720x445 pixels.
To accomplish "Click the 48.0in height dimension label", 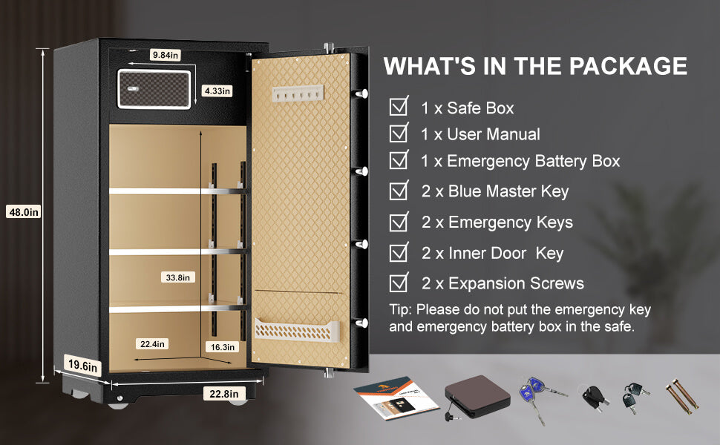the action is pyautogui.click(x=24, y=212).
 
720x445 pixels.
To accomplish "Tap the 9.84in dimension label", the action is pyautogui.click(x=166, y=55).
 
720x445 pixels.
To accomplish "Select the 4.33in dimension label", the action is pyautogui.click(x=217, y=90).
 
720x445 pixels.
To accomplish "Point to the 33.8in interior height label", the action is pyautogui.click(x=177, y=277).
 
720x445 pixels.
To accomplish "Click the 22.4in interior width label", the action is pyautogui.click(x=152, y=343).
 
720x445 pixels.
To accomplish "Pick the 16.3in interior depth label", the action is pyautogui.click(x=222, y=347).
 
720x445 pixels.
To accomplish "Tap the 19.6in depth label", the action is pyautogui.click(x=82, y=366).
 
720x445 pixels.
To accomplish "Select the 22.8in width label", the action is pyautogui.click(x=224, y=394).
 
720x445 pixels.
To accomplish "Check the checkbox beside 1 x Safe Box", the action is pyautogui.click(x=399, y=107).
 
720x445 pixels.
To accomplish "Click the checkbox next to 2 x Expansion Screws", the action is pyautogui.click(x=399, y=282).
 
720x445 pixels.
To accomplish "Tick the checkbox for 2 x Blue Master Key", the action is pyautogui.click(x=399, y=190).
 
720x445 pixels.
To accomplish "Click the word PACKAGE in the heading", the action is pyautogui.click(x=628, y=66).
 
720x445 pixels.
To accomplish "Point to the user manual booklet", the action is pyautogui.click(x=396, y=398).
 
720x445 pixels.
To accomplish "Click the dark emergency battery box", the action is pyautogui.click(x=477, y=396).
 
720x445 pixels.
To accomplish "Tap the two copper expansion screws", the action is pyautogui.click(x=682, y=396).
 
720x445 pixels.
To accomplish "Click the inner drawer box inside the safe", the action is pyautogui.click(x=154, y=89).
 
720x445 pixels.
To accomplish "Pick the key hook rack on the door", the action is pyautogui.click(x=298, y=93).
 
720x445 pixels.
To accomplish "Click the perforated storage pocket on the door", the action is pyautogui.click(x=297, y=330).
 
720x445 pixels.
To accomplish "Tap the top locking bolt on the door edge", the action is pyautogui.click(x=361, y=93).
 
